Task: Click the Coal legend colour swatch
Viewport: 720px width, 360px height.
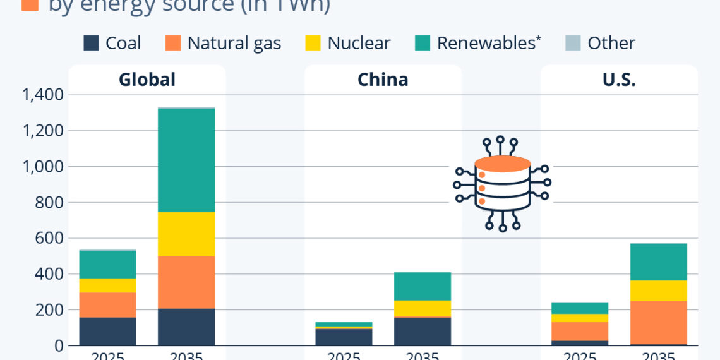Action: point(92,43)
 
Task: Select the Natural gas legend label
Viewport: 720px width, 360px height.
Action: point(234,43)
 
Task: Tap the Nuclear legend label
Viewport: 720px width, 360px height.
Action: point(359,43)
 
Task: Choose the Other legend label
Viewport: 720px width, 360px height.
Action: point(611,43)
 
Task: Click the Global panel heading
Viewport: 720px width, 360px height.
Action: point(147,80)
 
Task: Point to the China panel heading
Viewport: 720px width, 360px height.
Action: point(383,80)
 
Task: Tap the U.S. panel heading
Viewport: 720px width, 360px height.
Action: point(619,80)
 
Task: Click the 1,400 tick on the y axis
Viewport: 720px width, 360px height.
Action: point(43,95)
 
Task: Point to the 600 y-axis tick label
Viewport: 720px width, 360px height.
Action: point(50,239)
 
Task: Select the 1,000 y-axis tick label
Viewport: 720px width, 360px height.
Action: point(43,167)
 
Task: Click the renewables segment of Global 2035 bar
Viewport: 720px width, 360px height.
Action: point(186,160)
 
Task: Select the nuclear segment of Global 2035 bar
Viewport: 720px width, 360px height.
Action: point(186,234)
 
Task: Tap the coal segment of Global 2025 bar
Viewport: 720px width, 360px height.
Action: point(108,331)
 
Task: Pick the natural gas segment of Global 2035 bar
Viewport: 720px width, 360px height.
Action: point(186,282)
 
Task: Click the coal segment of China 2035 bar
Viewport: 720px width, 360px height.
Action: point(422,331)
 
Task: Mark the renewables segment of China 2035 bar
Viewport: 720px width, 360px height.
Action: point(422,286)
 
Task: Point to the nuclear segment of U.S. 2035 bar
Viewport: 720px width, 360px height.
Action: point(658,291)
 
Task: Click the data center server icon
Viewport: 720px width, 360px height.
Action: point(502,183)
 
